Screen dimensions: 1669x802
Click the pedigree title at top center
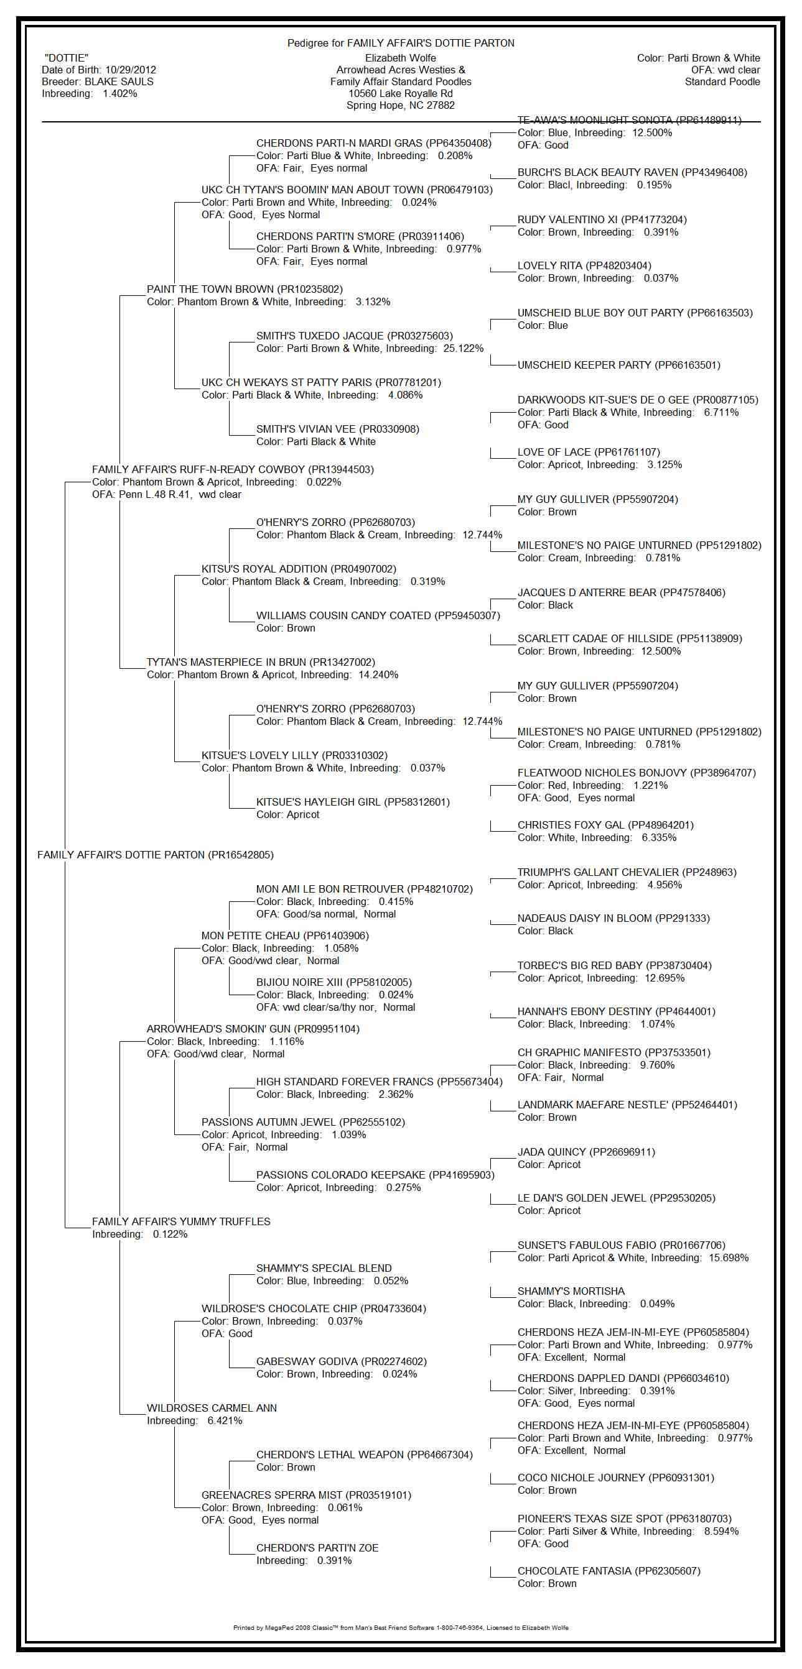[x=401, y=43]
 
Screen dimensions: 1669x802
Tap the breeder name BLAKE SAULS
[x=119, y=81]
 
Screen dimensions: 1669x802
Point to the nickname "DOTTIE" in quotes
[x=66, y=58]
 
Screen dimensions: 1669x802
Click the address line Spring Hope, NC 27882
[x=400, y=105]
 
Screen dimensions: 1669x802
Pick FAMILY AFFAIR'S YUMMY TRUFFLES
[x=181, y=1221]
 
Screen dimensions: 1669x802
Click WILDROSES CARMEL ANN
[x=212, y=1408]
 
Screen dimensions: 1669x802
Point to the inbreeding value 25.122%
[x=463, y=349]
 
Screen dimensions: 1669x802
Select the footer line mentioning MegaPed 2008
[x=400, y=1627]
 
